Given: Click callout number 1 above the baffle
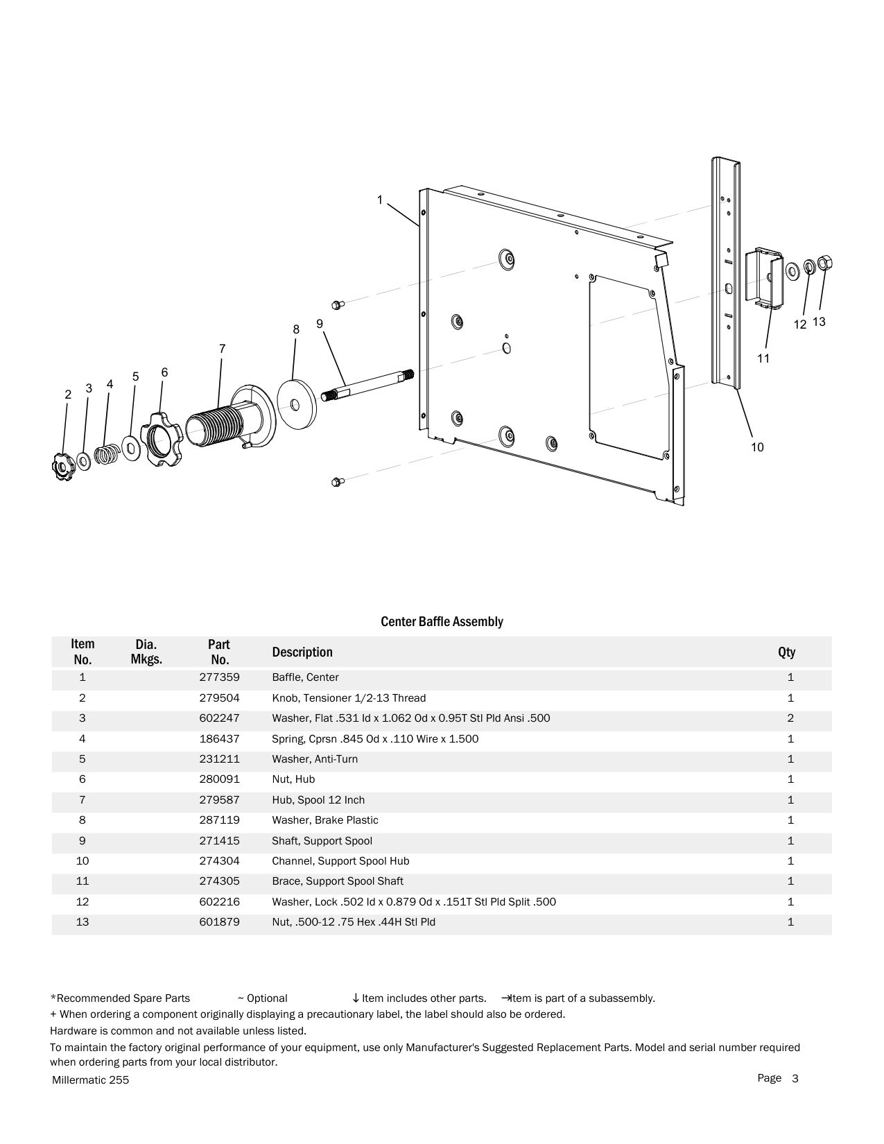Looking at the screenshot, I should pos(379,200).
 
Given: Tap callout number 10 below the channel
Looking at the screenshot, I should pos(757,447).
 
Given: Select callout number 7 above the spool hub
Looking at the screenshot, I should pos(222,349).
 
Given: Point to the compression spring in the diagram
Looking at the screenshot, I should pos(106,454).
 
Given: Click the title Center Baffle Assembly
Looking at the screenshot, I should pos(442,621).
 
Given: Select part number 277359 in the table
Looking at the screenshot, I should pos(219,677).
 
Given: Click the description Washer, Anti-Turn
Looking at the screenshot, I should pos(315,759).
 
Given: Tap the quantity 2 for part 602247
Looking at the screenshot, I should pos(790,718).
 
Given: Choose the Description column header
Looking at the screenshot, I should pos(302,652).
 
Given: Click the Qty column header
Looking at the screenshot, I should pos(786,652).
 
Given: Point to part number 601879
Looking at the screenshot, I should pos(219,922).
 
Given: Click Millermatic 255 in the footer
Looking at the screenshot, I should pos(90,1080).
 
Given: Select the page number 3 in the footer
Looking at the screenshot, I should pos(795,1078).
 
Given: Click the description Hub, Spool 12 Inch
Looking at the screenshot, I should pos(318,800).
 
